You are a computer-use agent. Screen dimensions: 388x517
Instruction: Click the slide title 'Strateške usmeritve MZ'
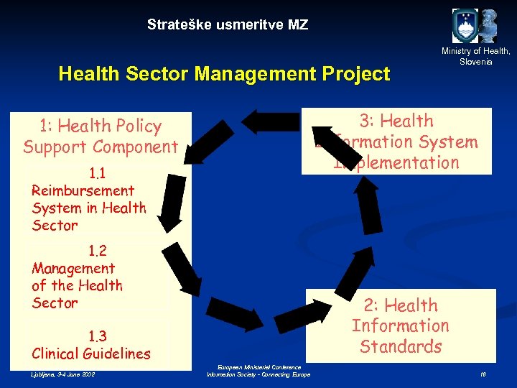coord(228,25)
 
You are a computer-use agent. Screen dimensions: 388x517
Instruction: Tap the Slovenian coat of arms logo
coord(465,26)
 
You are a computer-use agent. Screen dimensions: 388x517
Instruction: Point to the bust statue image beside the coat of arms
coord(489,26)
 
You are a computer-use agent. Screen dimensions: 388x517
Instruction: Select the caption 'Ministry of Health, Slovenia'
coord(476,56)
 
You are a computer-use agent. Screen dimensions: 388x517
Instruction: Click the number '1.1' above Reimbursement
coord(98,173)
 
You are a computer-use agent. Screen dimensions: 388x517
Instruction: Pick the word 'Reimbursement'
coord(83,190)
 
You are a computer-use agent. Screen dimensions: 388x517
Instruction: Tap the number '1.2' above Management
coord(98,251)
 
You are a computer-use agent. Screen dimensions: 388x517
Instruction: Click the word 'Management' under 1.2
coord(73,268)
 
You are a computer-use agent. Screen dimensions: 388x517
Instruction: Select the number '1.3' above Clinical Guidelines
coord(98,336)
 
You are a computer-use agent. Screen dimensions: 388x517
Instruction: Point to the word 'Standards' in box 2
coord(401,346)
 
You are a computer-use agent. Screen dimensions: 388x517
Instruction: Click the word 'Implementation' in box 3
coord(396,162)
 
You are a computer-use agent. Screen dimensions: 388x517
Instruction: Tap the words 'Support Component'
coord(101,147)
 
